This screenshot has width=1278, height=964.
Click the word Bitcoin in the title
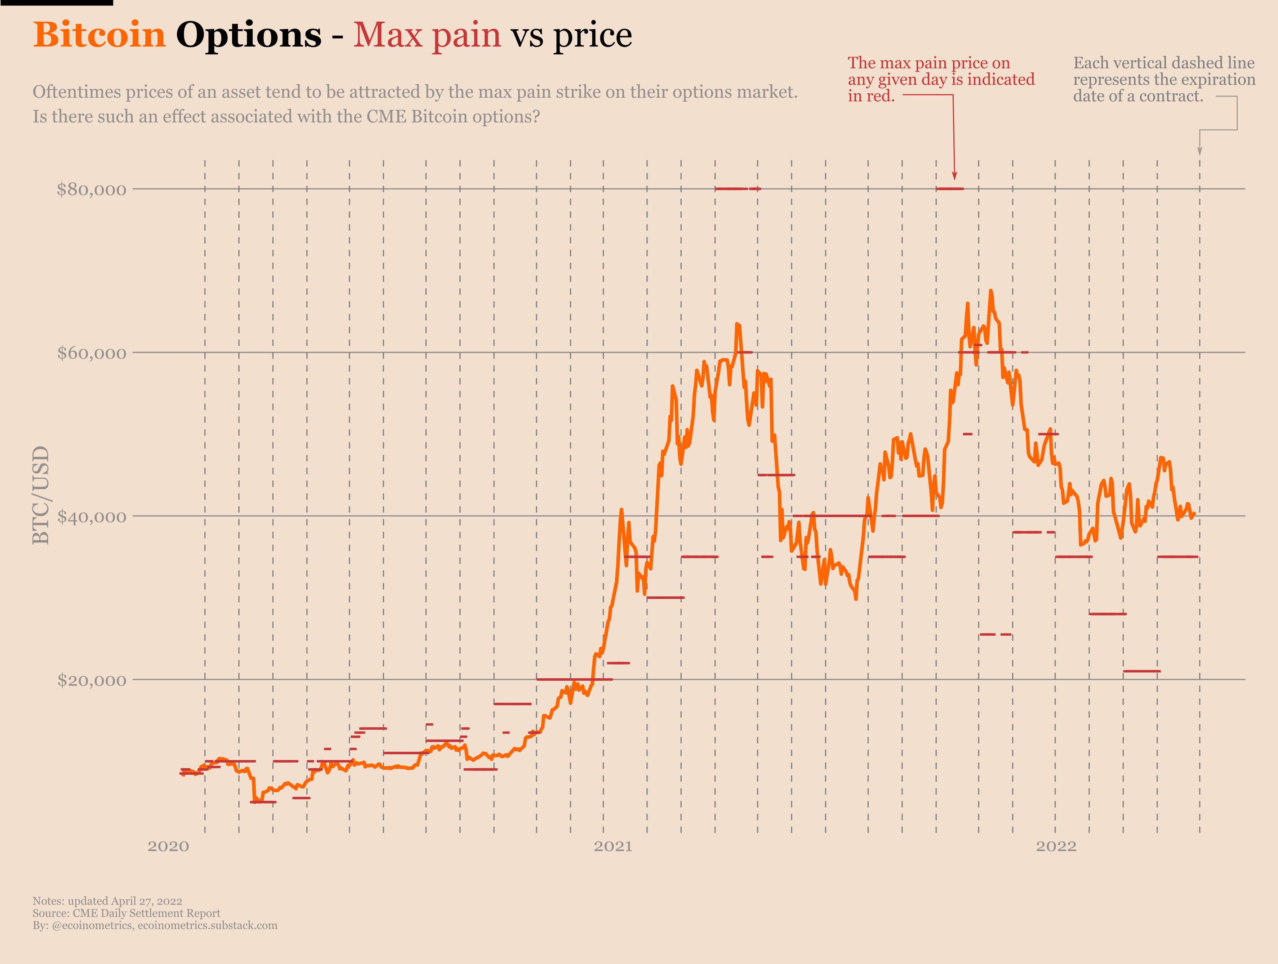pyautogui.click(x=99, y=35)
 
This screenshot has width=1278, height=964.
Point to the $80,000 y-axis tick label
pyautogui.click(x=91, y=190)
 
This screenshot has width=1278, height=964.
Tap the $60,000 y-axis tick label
pyautogui.click(x=91, y=353)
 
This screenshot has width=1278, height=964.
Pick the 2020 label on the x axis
pyautogui.click(x=168, y=847)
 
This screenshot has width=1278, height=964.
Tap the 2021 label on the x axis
pyautogui.click(x=613, y=847)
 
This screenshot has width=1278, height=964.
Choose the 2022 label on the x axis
pyautogui.click(x=1056, y=847)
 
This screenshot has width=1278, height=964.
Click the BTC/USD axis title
pyautogui.click(x=40, y=495)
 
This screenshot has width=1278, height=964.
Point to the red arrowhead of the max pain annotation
pyautogui.click(x=954, y=176)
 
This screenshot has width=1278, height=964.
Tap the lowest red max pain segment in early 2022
pyautogui.click(x=1142, y=671)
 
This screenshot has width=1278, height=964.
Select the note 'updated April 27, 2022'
pyautogui.click(x=125, y=901)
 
